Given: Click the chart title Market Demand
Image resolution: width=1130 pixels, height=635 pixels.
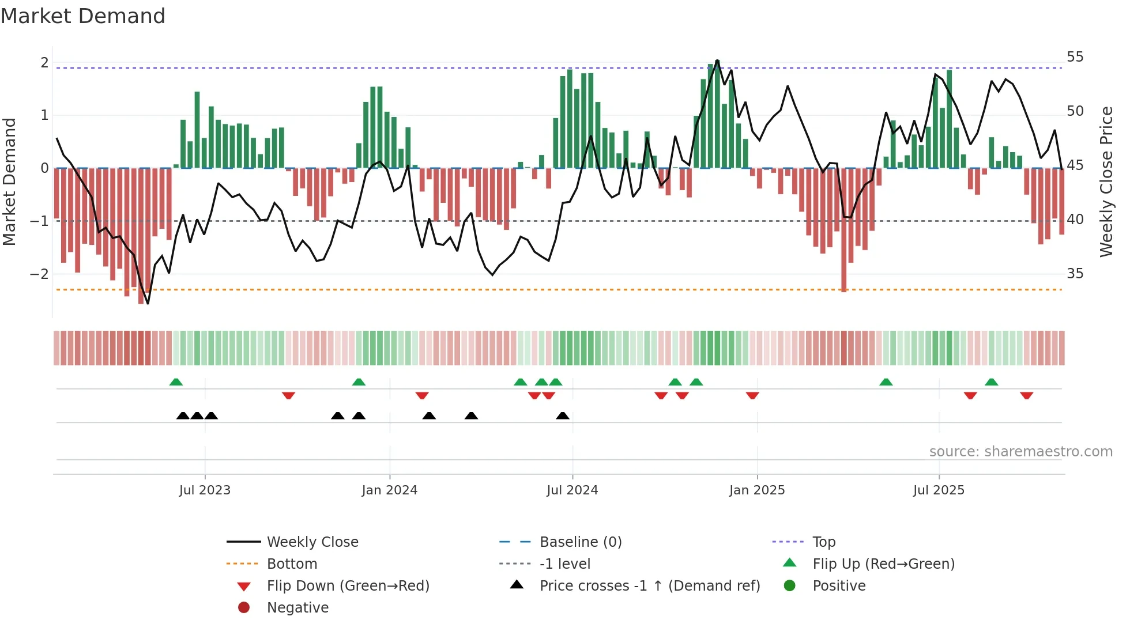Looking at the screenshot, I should (x=83, y=16).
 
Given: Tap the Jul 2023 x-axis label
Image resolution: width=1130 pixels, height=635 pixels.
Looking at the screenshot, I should (x=205, y=490).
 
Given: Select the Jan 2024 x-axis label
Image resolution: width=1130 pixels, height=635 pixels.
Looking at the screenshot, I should (x=389, y=490).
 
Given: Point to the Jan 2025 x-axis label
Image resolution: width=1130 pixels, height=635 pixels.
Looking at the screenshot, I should (x=756, y=490).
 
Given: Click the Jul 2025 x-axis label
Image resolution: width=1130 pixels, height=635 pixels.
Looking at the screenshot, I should (x=939, y=490).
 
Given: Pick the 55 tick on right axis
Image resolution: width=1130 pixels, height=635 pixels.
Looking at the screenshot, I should (x=1075, y=57).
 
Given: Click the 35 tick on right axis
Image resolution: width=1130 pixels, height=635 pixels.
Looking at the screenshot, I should (x=1075, y=274).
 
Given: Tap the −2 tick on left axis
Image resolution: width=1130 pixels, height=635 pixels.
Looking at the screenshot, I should (x=39, y=274).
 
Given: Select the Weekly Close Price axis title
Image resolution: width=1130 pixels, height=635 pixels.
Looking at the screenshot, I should (x=1106, y=182).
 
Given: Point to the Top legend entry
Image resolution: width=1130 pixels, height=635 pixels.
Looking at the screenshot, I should (x=823, y=542).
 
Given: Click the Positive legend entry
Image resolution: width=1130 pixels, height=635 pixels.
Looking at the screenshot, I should (x=838, y=586).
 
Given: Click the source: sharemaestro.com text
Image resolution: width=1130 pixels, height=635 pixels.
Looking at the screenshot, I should (x=1020, y=452).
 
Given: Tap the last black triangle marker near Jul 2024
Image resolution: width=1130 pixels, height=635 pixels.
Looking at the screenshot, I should (x=563, y=416).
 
